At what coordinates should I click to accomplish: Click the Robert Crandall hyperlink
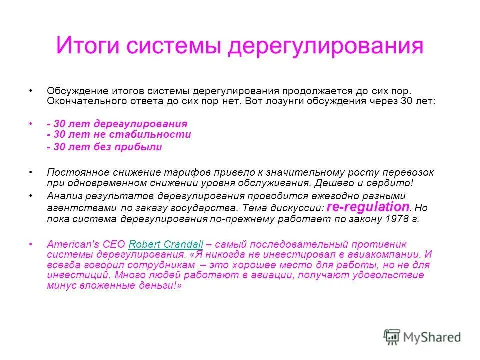[166, 244]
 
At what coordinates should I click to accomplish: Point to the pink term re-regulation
[368, 207]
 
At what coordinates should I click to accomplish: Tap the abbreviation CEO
[113, 244]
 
